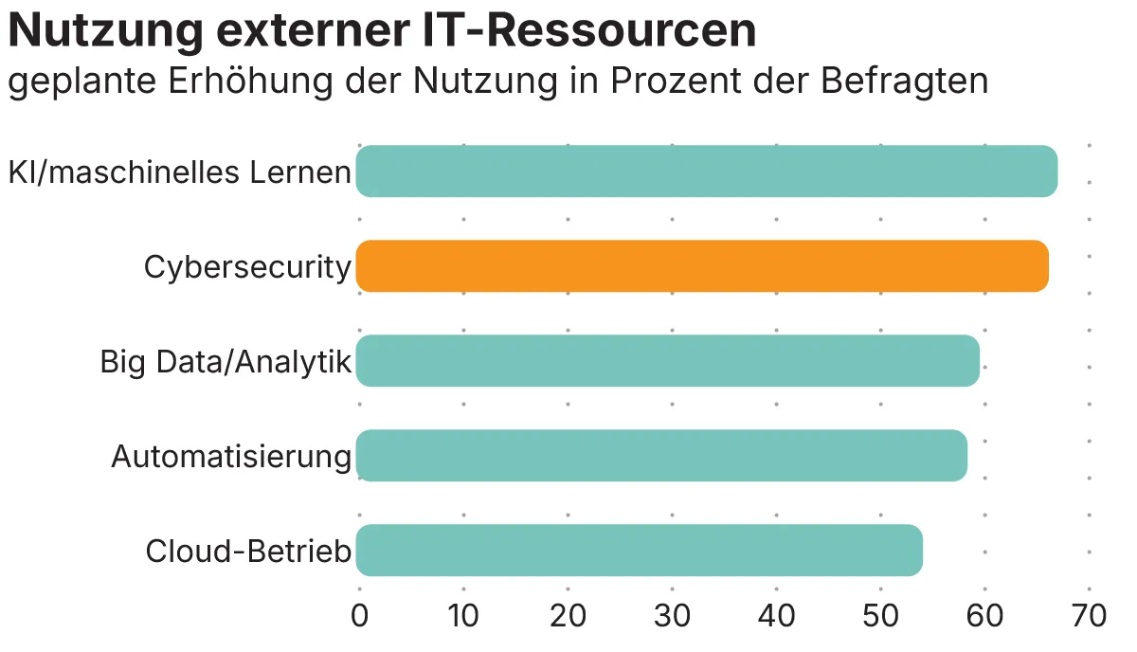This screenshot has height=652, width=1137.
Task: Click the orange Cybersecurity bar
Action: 701,266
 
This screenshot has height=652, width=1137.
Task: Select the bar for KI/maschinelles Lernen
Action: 706,172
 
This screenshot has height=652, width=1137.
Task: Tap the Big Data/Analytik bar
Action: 667,361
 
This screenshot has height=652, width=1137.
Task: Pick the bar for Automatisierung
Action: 661,456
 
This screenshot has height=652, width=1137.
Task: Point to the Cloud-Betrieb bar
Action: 639,551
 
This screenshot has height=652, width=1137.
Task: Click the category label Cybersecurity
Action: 247,268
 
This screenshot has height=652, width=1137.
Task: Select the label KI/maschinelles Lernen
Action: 180,173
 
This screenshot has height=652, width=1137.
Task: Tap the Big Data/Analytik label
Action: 226,363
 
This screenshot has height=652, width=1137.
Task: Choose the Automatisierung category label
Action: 231,458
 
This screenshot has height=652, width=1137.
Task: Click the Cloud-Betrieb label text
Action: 248,552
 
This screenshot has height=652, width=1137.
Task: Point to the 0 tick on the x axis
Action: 360,616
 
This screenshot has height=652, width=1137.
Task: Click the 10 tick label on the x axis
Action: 463,616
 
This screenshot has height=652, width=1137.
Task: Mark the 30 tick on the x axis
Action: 672,616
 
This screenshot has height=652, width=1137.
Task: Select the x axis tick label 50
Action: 880,616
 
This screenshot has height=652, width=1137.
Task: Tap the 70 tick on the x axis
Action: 1089,616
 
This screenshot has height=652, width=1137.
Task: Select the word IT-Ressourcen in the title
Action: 588,31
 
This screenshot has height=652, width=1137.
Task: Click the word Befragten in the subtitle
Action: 905,81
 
